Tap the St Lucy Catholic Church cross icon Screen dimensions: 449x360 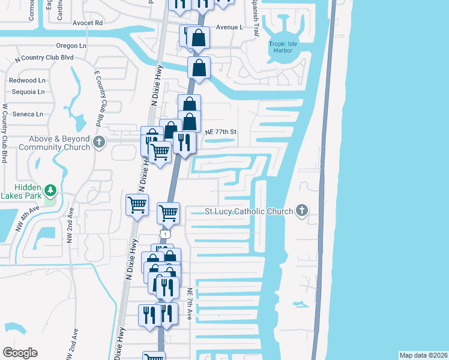click(x=302, y=211)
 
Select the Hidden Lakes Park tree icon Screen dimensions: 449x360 click(x=51, y=191)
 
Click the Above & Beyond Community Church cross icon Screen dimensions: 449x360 click(x=100, y=142)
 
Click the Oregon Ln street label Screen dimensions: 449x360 click(x=76, y=46)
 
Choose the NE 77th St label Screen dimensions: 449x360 click(x=221, y=132)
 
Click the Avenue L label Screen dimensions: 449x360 click(x=229, y=28)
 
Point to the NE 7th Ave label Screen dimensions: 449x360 click(x=190, y=304)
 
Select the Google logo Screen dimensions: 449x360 click(x=20, y=353)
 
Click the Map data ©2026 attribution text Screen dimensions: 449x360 click(x=423, y=355)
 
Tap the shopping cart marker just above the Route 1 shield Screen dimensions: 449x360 click(x=169, y=212)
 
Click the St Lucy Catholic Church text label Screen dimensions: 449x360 click(x=249, y=211)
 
